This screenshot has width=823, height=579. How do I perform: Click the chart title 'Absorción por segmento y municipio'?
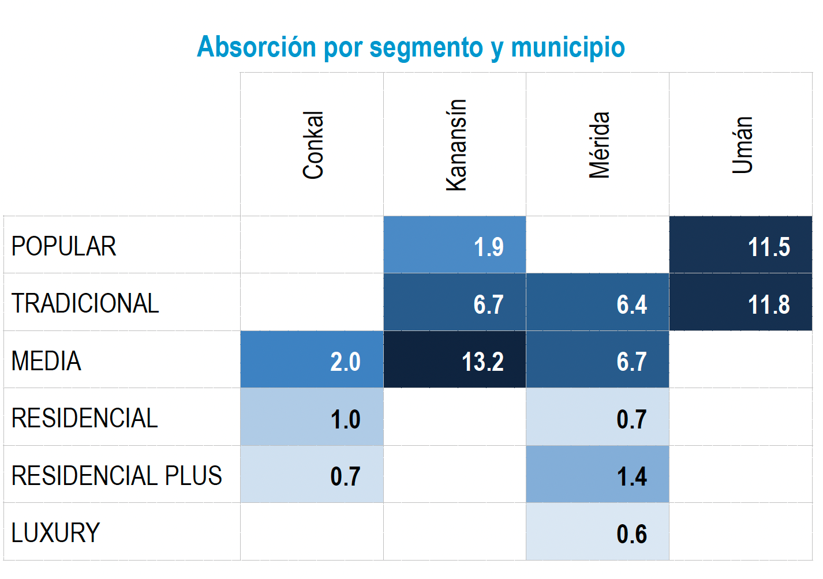click(x=411, y=47)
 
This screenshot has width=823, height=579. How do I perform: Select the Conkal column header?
click(x=313, y=145)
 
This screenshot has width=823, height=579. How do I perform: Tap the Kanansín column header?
click(x=456, y=145)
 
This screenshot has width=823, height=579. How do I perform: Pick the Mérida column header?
click(x=599, y=145)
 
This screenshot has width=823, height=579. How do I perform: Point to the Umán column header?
click(x=742, y=145)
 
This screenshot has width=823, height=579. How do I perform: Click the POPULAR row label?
click(x=64, y=246)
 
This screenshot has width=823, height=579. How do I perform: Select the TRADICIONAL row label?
click(x=85, y=303)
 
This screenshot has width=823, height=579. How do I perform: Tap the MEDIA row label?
click(x=46, y=361)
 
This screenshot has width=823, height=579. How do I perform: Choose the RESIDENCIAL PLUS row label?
click(x=117, y=476)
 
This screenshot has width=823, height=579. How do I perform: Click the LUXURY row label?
click(x=55, y=533)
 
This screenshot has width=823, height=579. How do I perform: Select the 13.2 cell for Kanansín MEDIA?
click(x=455, y=360)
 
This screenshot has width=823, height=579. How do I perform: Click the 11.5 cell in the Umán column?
click(x=741, y=245)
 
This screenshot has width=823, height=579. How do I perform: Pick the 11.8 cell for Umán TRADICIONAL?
click(x=741, y=303)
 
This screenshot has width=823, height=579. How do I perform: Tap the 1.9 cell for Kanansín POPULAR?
click(x=455, y=245)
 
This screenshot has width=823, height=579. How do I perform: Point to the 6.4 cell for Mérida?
click(x=598, y=303)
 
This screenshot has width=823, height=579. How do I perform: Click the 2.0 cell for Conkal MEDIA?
click(x=312, y=360)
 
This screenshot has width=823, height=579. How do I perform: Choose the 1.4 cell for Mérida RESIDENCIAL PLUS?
click(x=598, y=475)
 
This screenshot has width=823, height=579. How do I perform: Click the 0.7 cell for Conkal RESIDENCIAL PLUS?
click(x=312, y=475)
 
